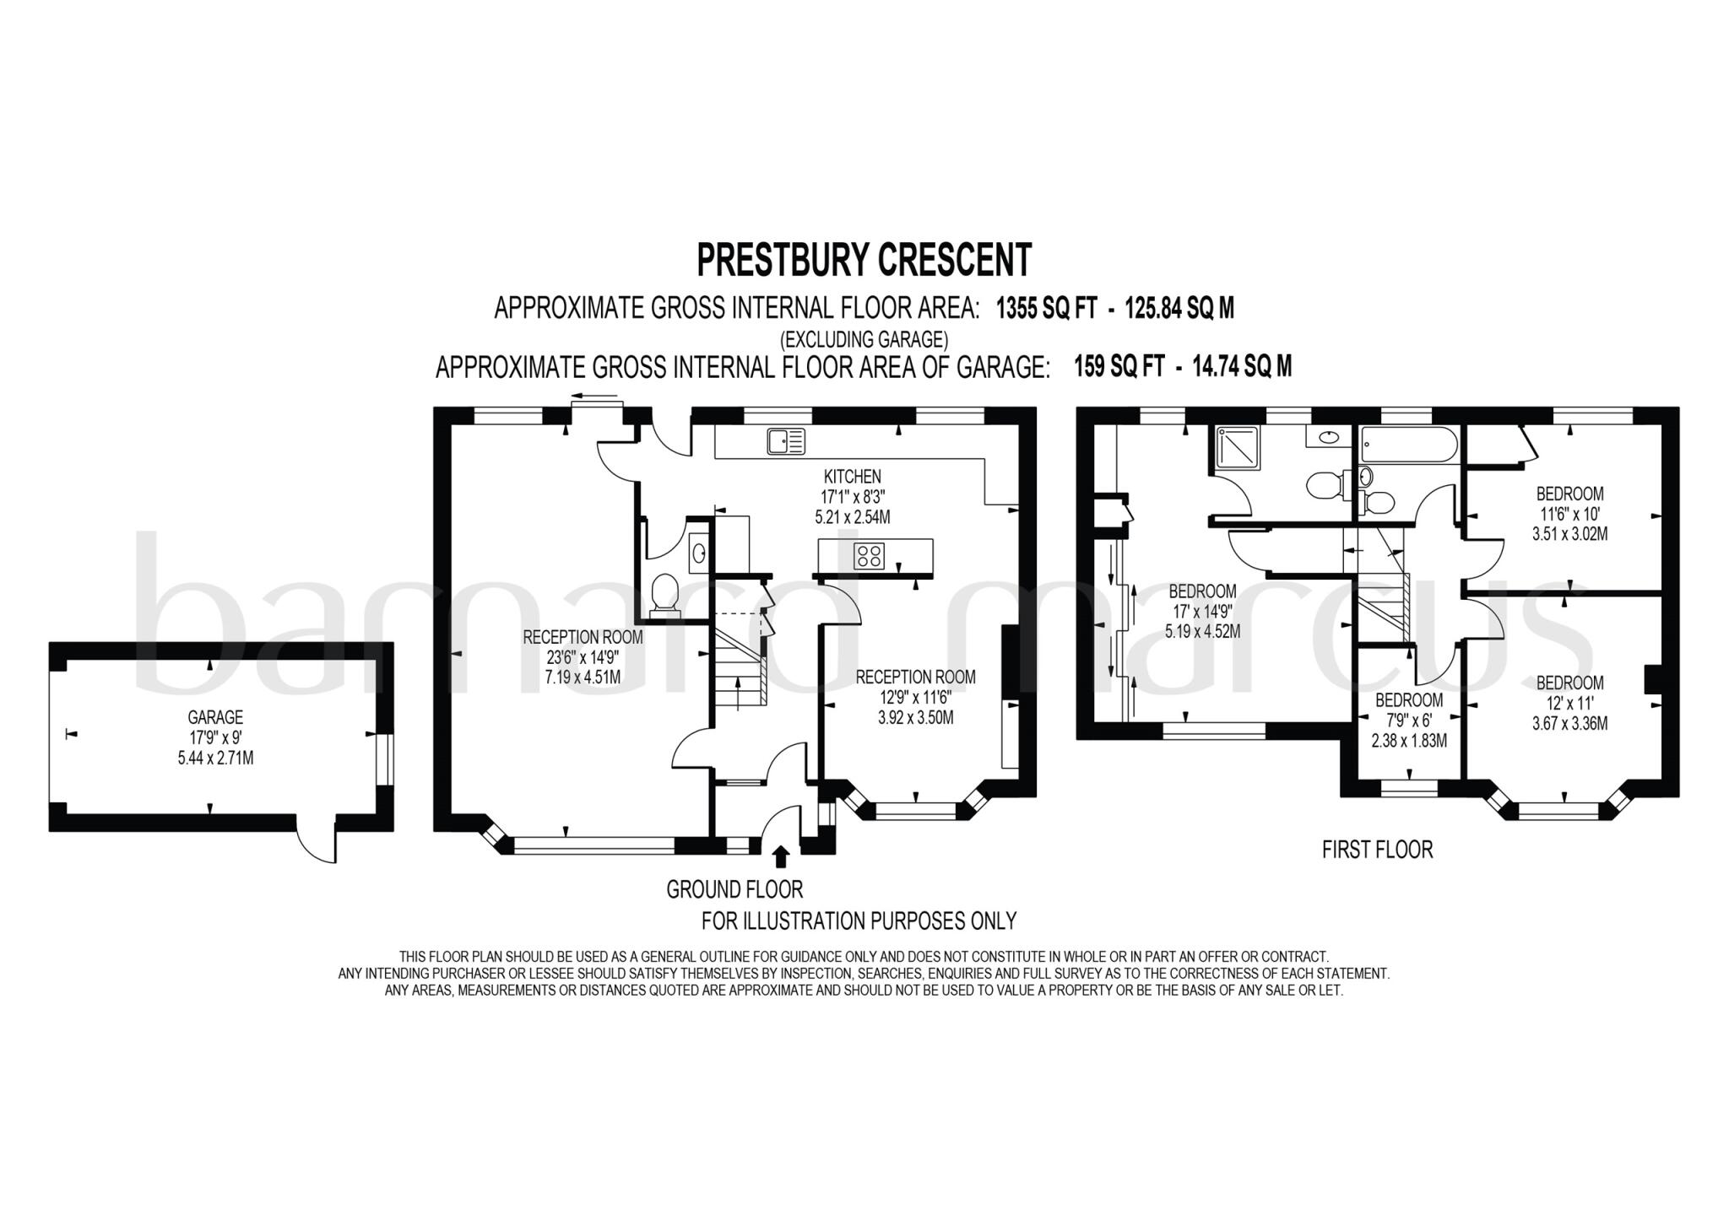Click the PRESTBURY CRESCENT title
point(864,260)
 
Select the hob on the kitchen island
point(870,555)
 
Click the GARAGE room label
point(215,717)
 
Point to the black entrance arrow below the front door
point(781,856)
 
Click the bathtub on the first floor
point(1407,444)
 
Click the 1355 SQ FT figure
point(1046,309)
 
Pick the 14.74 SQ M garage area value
point(1242,366)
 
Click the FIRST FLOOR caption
point(1377,849)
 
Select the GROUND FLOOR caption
point(734,888)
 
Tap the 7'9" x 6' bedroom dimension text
point(1408,721)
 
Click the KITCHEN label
point(853,477)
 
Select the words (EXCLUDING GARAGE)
point(864,339)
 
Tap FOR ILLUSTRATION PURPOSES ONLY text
point(859,920)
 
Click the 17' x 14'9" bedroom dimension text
point(1202,611)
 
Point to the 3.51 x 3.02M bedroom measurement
point(1569,533)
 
